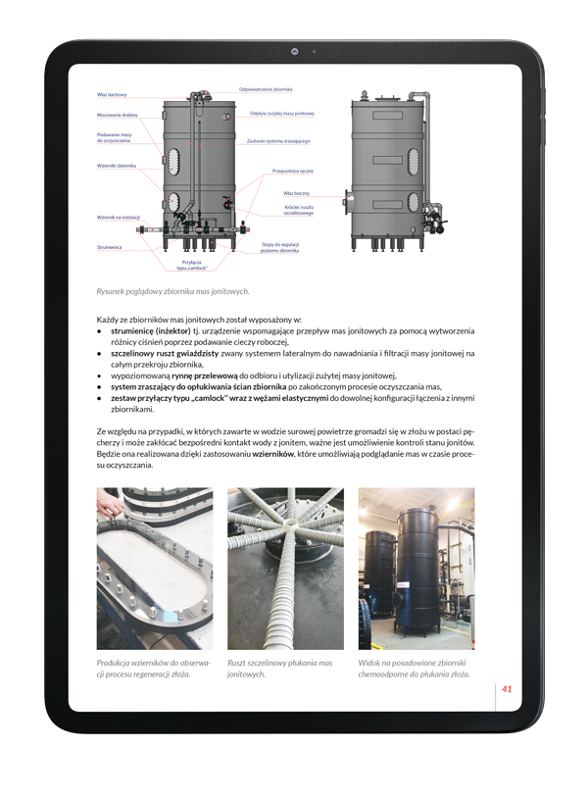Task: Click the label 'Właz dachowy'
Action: click(x=112, y=95)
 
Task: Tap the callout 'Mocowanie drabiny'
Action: click(x=117, y=115)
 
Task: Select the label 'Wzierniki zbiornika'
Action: click(x=117, y=165)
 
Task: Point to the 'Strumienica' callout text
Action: click(x=109, y=247)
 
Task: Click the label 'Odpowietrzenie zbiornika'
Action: click(x=266, y=89)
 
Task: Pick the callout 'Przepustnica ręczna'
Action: click(x=292, y=172)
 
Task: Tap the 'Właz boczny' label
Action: click(x=296, y=193)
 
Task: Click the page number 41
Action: click(x=507, y=688)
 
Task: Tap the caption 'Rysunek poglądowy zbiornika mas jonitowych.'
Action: click(x=172, y=291)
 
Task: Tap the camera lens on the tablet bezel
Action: click(x=294, y=50)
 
